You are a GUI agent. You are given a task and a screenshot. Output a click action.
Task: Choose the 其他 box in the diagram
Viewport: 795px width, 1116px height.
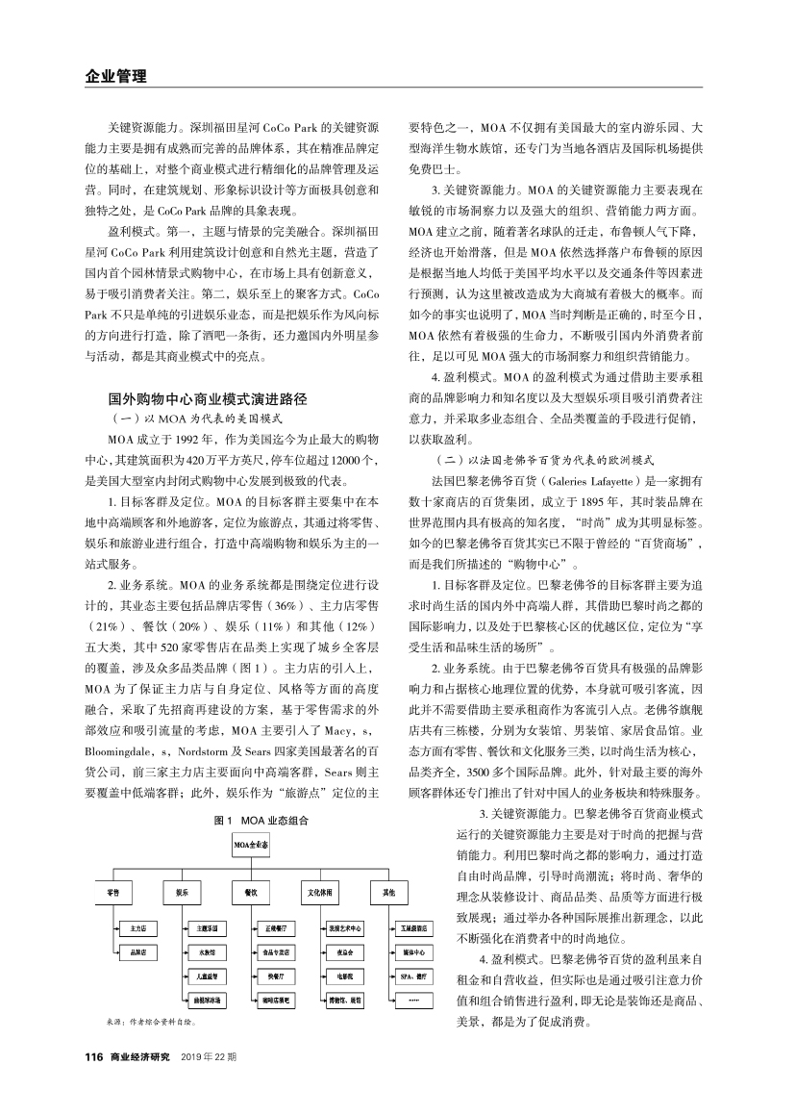pos(390,893)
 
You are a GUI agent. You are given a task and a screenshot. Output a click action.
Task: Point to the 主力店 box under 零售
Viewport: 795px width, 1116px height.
pos(137,929)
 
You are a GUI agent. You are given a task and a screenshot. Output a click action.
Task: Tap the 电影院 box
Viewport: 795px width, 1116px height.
pos(344,976)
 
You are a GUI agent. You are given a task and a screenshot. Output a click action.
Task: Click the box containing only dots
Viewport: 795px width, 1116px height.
pos(413,1000)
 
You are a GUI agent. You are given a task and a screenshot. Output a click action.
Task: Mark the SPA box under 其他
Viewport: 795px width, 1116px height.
pos(413,976)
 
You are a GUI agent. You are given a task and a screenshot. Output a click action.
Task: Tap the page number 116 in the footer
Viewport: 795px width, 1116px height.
pos(93,1056)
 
